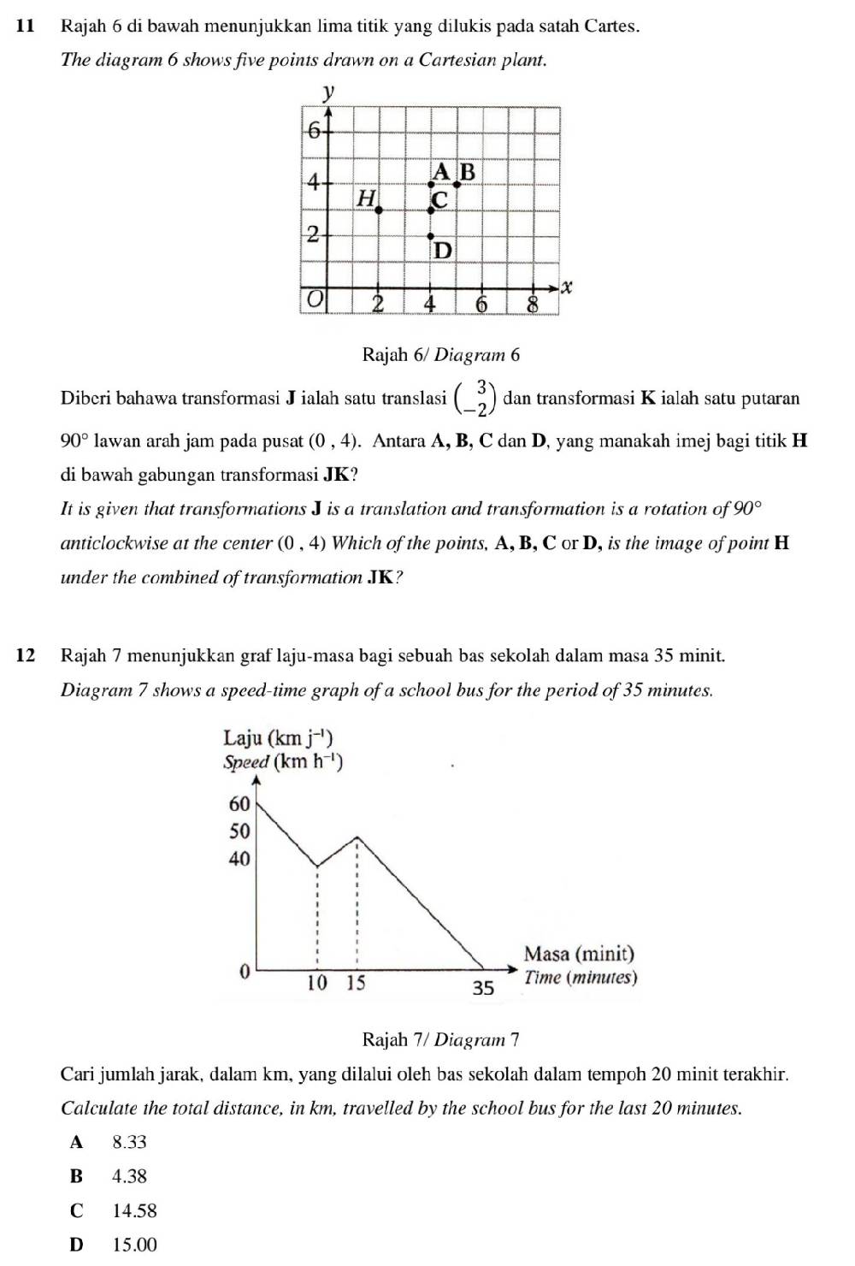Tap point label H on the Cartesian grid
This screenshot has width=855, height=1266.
click(x=367, y=198)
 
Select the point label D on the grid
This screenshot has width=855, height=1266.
click(x=442, y=251)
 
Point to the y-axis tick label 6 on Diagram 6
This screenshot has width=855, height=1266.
click(x=314, y=130)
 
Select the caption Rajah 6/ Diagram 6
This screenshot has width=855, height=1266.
click(x=441, y=354)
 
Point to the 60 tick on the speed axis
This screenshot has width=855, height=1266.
click(x=239, y=803)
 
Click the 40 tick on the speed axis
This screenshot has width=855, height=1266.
click(x=239, y=858)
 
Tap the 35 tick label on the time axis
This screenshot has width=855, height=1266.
click(x=483, y=988)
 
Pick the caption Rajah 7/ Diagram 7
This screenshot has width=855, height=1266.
click(x=441, y=1039)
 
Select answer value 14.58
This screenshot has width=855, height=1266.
click(x=134, y=1210)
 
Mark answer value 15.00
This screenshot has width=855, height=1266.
click(x=134, y=1245)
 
